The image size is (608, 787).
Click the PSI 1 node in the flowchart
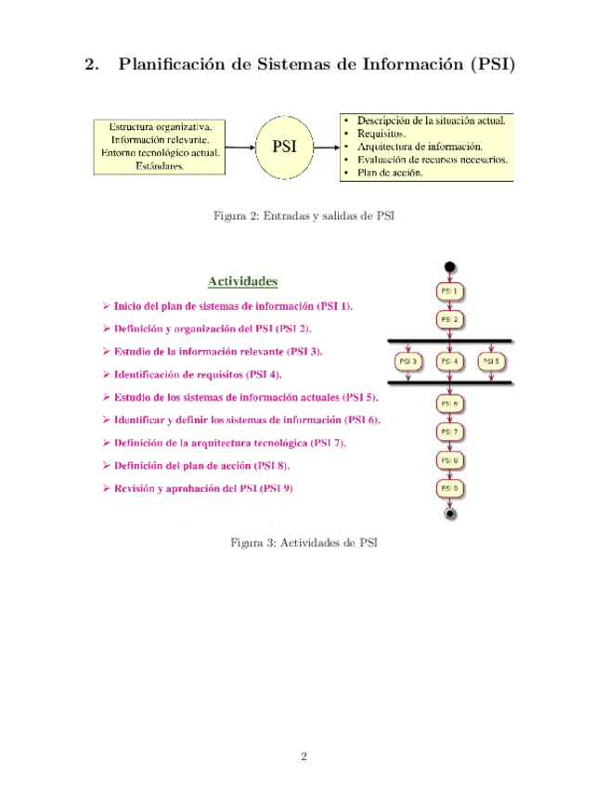[x=449, y=291]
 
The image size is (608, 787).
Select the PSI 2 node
[x=449, y=319]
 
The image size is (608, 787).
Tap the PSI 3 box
[x=407, y=361]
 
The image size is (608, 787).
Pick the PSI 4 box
[x=449, y=361]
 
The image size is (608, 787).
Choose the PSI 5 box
[x=491, y=361]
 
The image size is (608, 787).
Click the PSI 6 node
[x=449, y=404]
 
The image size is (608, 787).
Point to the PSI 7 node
[x=449, y=432]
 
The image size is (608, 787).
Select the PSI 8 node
[x=449, y=460]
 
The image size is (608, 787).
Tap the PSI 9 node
[x=449, y=488]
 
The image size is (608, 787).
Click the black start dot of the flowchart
[x=450, y=268]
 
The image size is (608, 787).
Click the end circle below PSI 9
[x=450, y=512]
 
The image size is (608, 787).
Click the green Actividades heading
[x=242, y=279]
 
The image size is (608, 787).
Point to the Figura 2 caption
[x=304, y=216]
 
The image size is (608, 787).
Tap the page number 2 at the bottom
[x=304, y=756]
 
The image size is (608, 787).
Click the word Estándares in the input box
[x=160, y=167]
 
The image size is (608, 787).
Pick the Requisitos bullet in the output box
[x=381, y=134]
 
